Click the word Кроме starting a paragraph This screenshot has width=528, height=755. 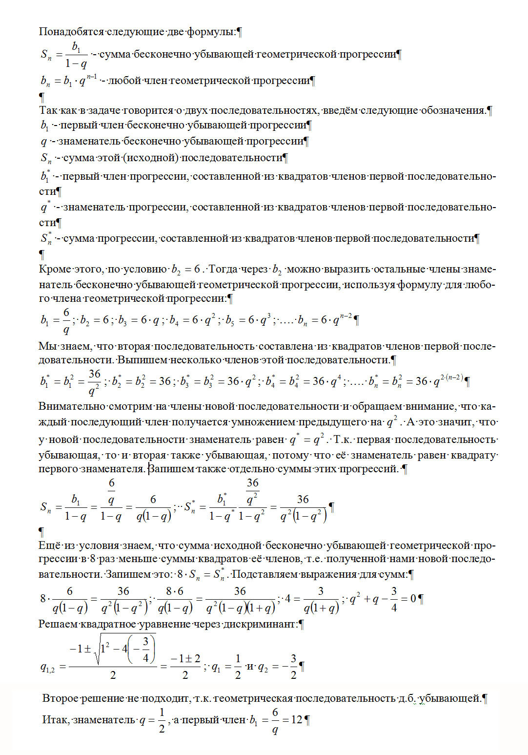55,269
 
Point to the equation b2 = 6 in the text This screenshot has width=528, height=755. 186,270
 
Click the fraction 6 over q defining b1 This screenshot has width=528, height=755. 66,321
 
